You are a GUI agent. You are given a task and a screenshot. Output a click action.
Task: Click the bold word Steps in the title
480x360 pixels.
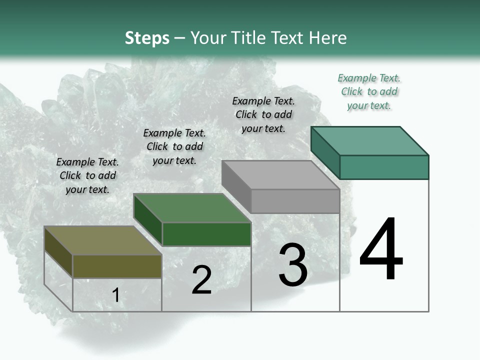(x=147, y=38)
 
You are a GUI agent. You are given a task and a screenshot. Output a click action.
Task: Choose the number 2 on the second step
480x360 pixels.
(x=201, y=280)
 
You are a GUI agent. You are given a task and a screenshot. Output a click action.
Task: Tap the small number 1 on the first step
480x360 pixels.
(x=116, y=295)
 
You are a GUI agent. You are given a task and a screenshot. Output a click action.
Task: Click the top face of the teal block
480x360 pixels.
(x=369, y=140)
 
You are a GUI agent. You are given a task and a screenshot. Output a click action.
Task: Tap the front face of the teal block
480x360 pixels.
(x=384, y=167)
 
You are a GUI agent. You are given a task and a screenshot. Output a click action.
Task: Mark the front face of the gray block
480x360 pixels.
(x=295, y=201)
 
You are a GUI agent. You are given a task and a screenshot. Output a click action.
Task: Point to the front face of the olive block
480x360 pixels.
(x=117, y=266)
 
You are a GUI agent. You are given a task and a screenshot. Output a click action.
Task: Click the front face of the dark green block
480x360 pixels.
(x=206, y=234)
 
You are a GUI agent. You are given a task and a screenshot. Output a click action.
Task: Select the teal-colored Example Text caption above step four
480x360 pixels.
(x=369, y=92)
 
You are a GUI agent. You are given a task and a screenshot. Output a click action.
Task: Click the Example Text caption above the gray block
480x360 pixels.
(x=263, y=114)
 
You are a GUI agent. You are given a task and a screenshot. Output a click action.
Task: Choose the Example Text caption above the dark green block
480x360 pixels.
(x=174, y=146)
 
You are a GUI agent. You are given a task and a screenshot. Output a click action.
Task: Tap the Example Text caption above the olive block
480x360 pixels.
(x=87, y=175)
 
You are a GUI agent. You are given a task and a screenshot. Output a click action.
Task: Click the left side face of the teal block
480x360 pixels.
(x=325, y=152)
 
